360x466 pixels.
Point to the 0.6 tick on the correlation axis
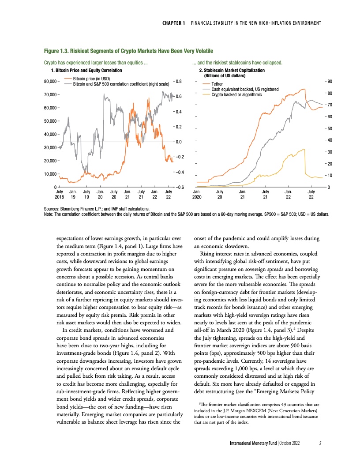pos(179,96)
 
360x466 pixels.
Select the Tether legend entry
pos(217,84)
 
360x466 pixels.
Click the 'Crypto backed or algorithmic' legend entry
pos(236,94)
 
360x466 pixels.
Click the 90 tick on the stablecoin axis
pos(329,81)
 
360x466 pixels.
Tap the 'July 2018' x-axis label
pos(60,195)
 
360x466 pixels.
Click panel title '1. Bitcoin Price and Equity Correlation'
pos(86,70)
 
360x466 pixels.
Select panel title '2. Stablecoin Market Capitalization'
pos(232,70)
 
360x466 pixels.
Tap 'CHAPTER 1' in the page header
pos(170,23)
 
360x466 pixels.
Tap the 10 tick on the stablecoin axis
pos(329,176)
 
